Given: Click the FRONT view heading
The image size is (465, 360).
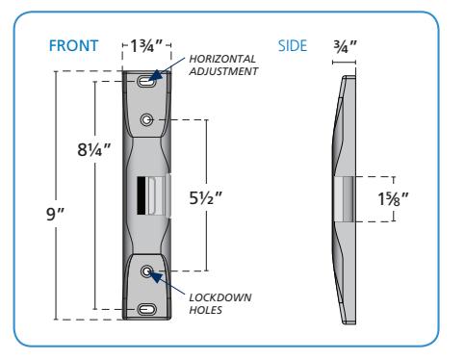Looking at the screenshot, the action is click(73, 45).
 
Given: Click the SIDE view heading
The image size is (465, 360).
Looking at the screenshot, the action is click(293, 45).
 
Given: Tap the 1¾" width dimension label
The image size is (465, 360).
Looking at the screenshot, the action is click(146, 45).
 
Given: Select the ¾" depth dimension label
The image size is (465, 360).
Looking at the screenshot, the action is click(345, 47).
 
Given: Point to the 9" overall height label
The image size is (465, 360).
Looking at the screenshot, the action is click(55, 214).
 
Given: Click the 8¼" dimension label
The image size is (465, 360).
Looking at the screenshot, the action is click(93, 149).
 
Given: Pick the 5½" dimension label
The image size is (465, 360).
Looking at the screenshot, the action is click(205, 197).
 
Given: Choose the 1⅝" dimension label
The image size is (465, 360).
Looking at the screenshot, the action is click(393, 199).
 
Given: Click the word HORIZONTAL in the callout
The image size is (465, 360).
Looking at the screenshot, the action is click(222, 59).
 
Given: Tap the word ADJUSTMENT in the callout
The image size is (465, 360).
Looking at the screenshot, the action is click(223, 71).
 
